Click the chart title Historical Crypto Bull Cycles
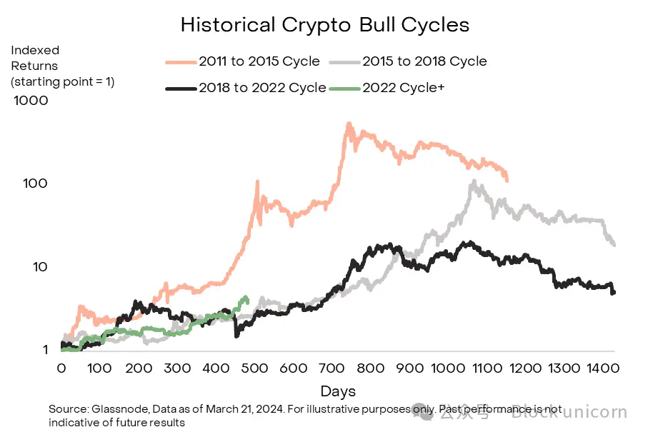pyautogui.click(x=325, y=25)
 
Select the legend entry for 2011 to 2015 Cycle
pyautogui.click(x=259, y=61)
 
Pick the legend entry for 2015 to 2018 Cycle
pyautogui.click(x=424, y=61)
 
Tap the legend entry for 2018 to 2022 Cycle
pyautogui.click(x=262, y=88)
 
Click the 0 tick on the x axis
pyautogui.click(x=61, y=368)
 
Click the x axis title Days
pyautogui.click(x=338, y=391)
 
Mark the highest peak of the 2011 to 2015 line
pyautogui.click(x=349, y=124)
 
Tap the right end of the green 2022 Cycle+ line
pyautogui.click(x=246, y=298)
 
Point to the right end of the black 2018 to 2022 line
pyautogui.click(x=614, y=292)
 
